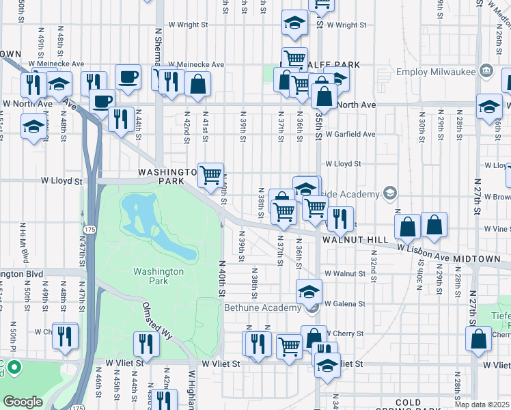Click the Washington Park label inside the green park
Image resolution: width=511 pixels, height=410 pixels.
tap(158, 276)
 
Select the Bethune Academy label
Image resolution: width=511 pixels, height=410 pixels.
tap(263, 308)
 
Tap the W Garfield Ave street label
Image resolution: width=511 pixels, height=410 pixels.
tap(350, 135)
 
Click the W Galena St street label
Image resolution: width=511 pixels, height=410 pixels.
tap(345, 303)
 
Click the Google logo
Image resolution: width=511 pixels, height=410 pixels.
tap(23, 401)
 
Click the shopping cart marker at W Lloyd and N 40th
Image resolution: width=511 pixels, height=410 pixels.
tap(211, 175)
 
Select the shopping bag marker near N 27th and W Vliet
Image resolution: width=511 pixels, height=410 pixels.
tap(479, 338)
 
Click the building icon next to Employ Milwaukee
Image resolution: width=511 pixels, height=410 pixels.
tap(486, 70)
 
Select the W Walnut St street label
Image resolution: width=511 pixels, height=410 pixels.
tap(346, 273)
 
